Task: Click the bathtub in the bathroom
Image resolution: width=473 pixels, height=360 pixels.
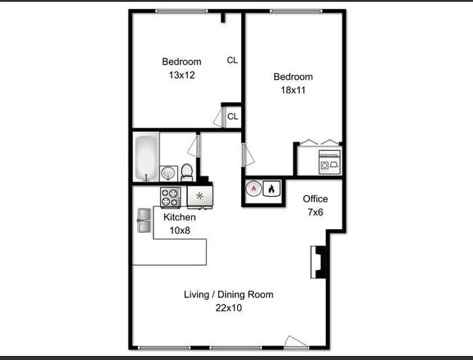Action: point(146,158)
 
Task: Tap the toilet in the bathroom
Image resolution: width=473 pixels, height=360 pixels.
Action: point(187,173)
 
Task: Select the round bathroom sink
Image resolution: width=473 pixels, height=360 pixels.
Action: point(169,174)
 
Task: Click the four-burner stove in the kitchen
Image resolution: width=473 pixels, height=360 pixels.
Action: point(170,197)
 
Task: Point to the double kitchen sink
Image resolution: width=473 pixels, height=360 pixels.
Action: point(144,220)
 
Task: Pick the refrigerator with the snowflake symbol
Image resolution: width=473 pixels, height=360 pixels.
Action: point(200,197)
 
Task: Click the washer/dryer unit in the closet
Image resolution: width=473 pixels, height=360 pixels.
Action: point(330,162)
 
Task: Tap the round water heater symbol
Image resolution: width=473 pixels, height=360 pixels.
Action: point(254,189)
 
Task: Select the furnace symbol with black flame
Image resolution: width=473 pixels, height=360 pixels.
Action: point(271,189)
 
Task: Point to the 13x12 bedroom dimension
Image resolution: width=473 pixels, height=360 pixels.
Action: point(182,75)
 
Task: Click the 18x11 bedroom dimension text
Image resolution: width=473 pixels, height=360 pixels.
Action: point(293,90)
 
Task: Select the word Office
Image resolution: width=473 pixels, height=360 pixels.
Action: point(315,199)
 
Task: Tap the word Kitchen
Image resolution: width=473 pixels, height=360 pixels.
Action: point(179,217)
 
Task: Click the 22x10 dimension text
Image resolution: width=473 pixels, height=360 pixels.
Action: point(229,308)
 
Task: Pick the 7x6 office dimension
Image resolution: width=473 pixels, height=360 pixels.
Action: point(315,212)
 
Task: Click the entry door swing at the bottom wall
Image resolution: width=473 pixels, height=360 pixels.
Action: point(296,342)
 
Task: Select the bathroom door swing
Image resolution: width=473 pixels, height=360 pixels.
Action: point(193,146)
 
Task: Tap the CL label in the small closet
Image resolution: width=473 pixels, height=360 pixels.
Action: point(233,116)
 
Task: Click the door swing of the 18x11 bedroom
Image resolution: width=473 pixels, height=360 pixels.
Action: point(248,154)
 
